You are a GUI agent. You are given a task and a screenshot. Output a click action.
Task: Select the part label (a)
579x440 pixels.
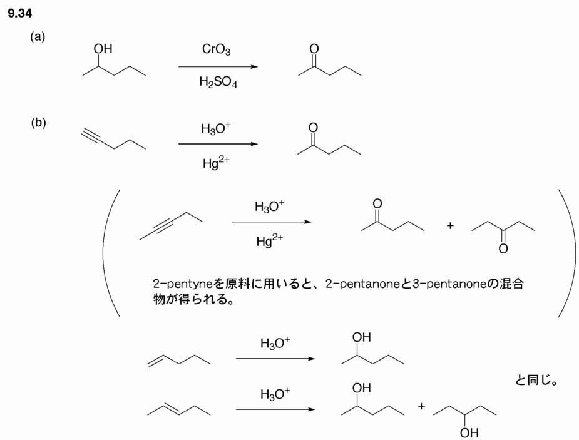(38, 37)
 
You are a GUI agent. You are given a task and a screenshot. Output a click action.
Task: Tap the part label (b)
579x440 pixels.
(38, 123)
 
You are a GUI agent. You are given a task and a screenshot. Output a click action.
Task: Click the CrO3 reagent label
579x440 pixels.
(217, 49)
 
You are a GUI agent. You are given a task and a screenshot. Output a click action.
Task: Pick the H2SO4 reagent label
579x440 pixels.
(218, 82)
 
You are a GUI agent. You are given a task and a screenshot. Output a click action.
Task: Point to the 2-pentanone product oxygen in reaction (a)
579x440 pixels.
(314, 49)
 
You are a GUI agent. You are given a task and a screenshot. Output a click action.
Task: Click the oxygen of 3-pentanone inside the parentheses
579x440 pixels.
(503, 249)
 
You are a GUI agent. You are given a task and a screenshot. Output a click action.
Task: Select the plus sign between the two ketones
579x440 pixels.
(450, 226)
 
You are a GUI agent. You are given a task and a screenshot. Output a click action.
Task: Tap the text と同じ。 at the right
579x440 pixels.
(536, 380)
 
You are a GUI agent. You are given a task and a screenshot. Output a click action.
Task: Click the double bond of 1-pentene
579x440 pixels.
(156, 359)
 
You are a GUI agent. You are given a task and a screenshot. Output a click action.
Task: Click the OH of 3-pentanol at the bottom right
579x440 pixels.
(470, 432)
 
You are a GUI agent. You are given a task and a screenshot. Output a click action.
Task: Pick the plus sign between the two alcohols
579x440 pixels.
(421, 407)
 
